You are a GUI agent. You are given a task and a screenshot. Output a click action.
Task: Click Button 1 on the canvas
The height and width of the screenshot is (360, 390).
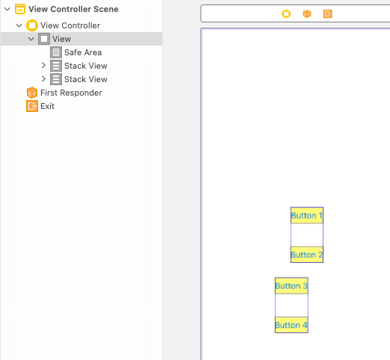307,215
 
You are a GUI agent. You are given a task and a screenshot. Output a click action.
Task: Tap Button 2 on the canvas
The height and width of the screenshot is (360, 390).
307,255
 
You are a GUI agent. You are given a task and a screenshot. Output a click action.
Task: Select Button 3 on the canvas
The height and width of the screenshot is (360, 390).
291,286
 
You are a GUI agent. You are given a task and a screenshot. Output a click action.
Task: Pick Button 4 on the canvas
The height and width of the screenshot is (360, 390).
291,325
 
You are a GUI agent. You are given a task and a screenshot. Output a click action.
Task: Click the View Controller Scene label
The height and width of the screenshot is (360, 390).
73,9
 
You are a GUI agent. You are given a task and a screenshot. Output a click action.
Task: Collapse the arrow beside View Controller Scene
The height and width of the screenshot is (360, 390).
7,9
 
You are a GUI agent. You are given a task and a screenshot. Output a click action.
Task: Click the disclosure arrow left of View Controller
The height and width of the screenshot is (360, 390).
19,25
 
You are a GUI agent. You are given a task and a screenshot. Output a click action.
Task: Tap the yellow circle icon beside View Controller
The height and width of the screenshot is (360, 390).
32,25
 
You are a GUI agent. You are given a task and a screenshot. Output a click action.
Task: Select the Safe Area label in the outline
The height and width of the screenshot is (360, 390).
83,52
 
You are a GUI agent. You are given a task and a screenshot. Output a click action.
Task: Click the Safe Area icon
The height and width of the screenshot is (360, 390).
56,52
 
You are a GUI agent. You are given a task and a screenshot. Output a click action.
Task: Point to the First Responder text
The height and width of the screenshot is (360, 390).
71,93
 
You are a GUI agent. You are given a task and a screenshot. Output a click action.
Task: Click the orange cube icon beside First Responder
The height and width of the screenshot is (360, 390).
32,93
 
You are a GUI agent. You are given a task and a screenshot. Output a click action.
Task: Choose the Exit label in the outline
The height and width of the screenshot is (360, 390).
47,106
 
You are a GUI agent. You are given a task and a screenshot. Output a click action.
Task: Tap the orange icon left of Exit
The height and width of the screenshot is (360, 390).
32,106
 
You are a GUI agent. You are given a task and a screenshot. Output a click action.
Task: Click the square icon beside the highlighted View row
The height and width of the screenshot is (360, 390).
44,39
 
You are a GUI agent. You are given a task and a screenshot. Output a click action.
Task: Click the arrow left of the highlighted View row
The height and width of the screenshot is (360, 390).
31,39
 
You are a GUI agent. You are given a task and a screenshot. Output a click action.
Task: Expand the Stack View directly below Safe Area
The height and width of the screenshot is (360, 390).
43,66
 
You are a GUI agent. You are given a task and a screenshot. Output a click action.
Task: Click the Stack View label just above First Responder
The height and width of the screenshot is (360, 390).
86,79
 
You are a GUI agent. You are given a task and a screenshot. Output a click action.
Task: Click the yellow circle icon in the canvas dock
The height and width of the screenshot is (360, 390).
286,14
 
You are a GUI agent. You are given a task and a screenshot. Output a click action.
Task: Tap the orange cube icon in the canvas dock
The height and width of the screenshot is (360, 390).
307,14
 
